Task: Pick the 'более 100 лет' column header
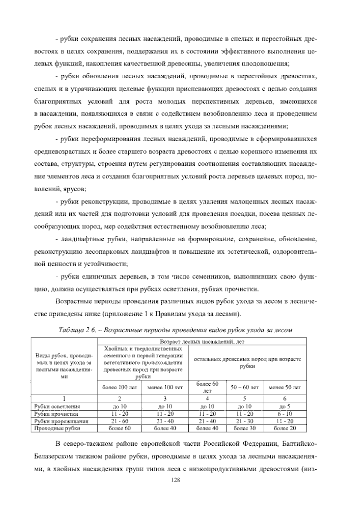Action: (x=119, y=387)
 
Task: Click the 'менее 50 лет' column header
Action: (x=284, y=387)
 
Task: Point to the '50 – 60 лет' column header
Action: (x=244, y=387)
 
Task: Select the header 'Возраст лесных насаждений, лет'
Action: (x=202, y=342)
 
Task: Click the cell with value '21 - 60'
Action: (x=119, y=421)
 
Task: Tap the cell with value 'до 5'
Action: (x=284, y=407)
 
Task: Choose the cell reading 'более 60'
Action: (x=119, y=428)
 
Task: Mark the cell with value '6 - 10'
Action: (x=284, y=414)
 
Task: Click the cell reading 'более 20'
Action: (x=284, y=428)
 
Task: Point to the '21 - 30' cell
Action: (x=244, y=421)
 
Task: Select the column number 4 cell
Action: (x=207, y=399)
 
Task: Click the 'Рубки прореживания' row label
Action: (x=61, y=421)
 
